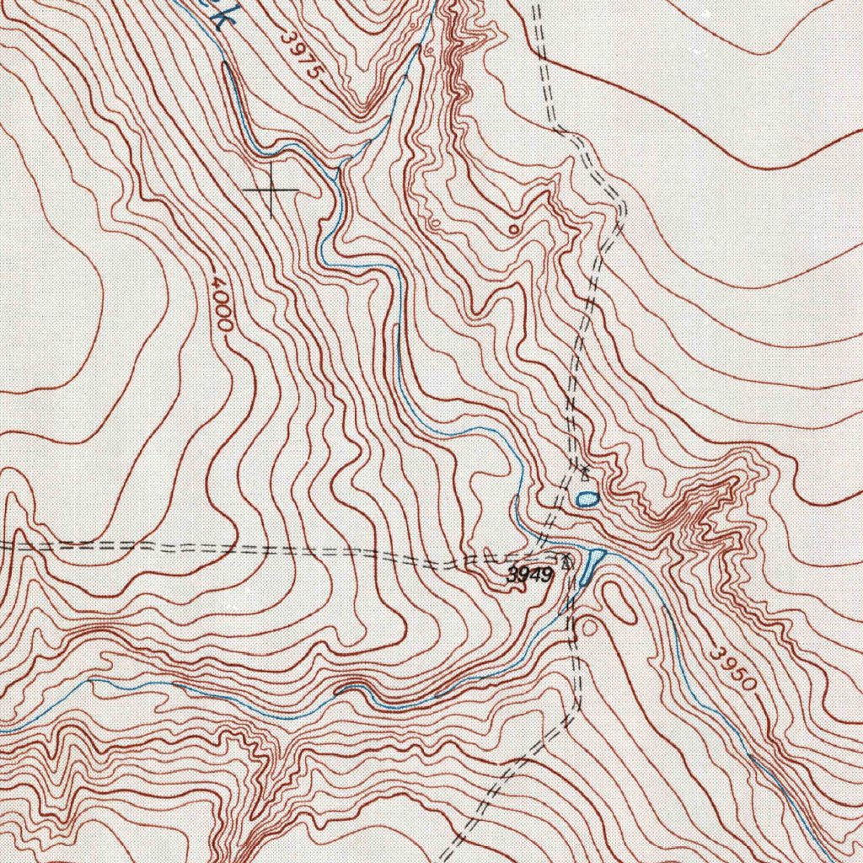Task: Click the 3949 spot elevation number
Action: point(528,576)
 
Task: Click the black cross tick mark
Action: point(271,190)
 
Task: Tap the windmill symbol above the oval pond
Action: point(582,469)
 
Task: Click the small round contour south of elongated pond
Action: point(588,626)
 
